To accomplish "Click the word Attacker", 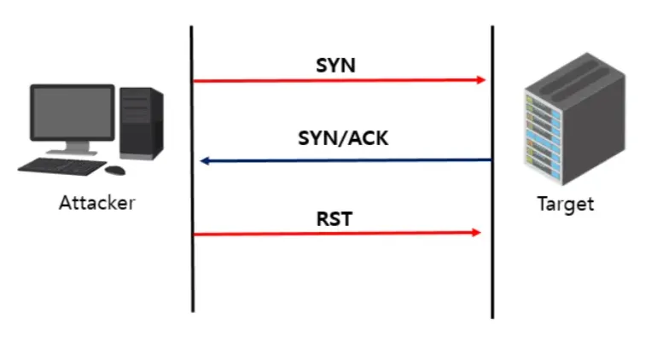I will [97, 203].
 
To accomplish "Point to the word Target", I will [565, 204].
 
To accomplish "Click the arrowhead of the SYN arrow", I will [481, 80].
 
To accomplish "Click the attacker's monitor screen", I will [73, 113].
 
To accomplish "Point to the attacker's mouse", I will [117, 170].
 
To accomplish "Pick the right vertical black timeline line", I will [492, 273].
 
